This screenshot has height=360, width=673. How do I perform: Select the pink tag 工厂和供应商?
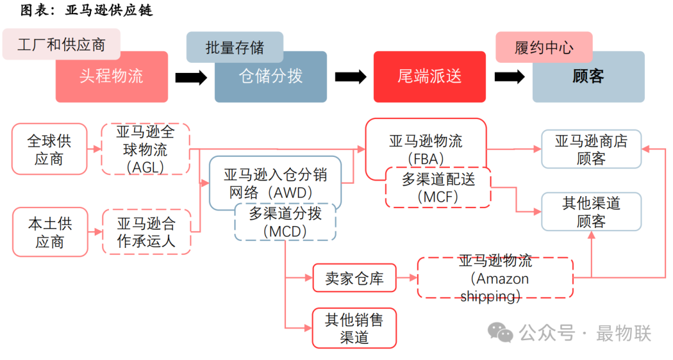pos(61,44)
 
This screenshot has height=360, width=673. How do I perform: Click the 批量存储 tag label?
pos(234,47)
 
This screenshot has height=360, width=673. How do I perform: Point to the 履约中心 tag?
pos(543,47)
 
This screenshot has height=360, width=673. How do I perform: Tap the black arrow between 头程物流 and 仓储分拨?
pos(191,77)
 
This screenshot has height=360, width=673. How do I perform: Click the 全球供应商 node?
pos(50,149)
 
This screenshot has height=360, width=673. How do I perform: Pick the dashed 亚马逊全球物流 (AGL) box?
pos(145,149)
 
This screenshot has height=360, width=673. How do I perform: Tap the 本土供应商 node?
pos(50,232)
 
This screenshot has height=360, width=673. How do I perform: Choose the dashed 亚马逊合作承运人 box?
pos(145,232)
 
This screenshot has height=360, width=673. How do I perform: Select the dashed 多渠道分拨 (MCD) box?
pos(285,222)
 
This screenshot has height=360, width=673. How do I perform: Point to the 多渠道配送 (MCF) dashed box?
pos(438,187)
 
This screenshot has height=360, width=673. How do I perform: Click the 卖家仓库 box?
pos(354,278)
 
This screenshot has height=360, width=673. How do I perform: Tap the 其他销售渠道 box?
pos(354,328)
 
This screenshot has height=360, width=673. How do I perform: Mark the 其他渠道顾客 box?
pos(591,212)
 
